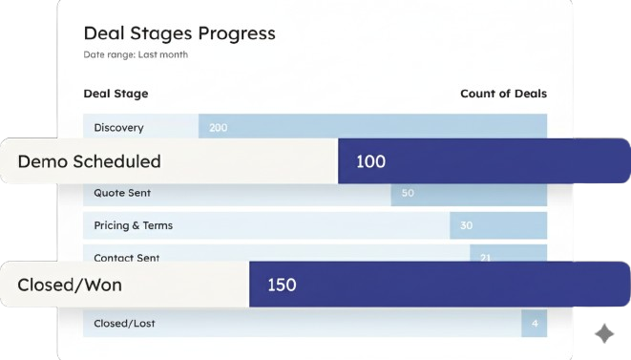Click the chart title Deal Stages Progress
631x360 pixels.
tap(179, 33)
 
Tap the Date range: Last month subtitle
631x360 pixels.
tap(136, 54)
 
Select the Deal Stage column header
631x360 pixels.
tap(116, 94)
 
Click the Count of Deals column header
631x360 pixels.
tap(503, 94)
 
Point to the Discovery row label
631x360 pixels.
tap(119, 127)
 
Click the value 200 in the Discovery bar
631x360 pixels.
tap(219, 127)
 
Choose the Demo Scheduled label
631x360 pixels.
tap(89, 161)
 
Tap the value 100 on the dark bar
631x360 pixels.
tap(370, 161)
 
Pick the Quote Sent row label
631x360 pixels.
tap(122, 193)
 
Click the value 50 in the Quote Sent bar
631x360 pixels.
tap(408, 193)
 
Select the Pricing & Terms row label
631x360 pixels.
tap(133, 225)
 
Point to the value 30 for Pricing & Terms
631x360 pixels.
tap(466, 225)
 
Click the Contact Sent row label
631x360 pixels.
tap(127, 257)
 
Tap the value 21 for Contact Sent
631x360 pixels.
tap(485, 257)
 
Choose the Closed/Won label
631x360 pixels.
tap(70, 285)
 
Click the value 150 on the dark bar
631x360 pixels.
tap(282, 285)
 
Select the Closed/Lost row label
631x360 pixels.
tap(124, 324)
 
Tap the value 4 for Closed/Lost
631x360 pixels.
tap(535, 324)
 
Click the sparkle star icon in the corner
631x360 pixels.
tap(604, 332)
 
